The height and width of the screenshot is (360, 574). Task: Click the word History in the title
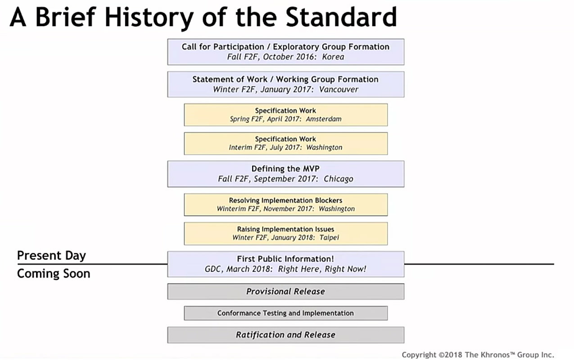click(149, 18)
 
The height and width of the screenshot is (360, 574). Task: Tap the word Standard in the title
click(341, 17)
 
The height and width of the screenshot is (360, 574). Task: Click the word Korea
click(333, 57)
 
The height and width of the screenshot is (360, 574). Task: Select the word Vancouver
click(339, 90)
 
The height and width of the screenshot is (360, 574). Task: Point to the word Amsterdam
click(324, 119)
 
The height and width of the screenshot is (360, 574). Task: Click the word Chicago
click(338, 179)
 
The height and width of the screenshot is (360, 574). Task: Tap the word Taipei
click(329, 238)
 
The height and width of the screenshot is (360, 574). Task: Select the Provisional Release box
click(286, 291)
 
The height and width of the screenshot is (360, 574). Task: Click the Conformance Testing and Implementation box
click(286, 313)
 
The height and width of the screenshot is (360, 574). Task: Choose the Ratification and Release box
click(286, 335)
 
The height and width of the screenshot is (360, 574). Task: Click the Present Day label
click(51, 256)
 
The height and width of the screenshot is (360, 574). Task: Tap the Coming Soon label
click(54, 274)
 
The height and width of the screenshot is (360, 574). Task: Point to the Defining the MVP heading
click(285, 169)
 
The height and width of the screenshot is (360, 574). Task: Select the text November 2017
click(288, 209)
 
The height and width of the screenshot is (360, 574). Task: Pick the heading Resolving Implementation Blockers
click(285, 200)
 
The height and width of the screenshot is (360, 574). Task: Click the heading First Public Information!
click(285, 259)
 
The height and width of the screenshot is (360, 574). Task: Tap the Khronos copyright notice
click(478, 355)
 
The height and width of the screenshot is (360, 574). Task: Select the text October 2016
click(289, 57)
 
